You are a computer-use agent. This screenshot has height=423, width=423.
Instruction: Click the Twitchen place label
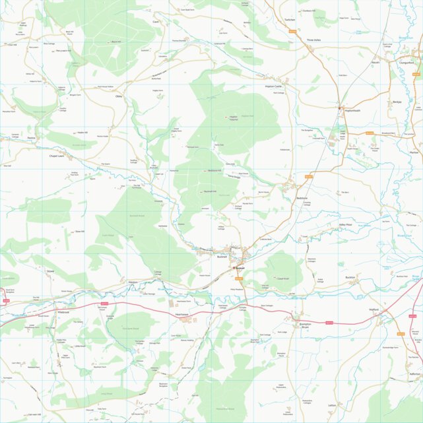(x=289, y=20)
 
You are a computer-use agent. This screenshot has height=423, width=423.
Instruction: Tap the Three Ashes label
(x=313, y=40)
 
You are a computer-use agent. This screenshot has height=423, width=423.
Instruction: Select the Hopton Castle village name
(x=274, y=86)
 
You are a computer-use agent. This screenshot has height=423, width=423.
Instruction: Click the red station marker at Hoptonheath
(x=339, y=108)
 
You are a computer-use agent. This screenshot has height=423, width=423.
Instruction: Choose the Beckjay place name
(x=397, y=102)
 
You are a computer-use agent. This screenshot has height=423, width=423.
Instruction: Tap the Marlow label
(x=414, y=152)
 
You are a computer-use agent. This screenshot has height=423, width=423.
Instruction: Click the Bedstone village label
(x=302, y=198)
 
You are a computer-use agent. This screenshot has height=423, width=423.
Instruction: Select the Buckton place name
(x=350, y=277)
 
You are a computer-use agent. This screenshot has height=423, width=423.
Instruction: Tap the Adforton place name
(x=414, y=373)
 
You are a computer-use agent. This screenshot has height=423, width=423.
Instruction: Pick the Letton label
(x=332, y=405)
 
